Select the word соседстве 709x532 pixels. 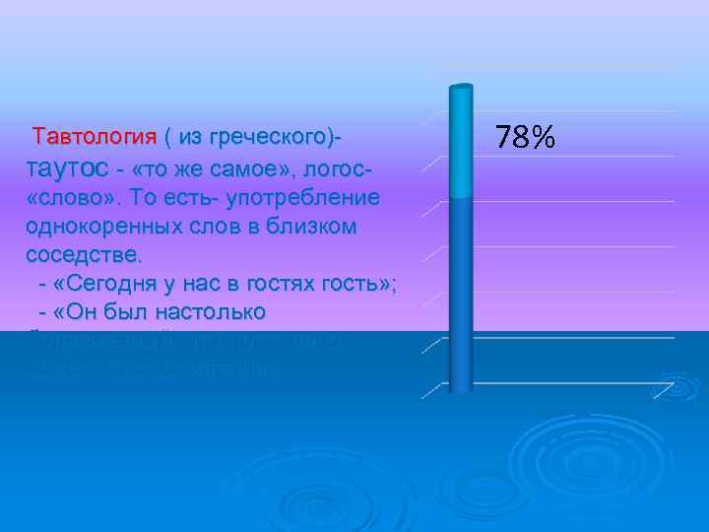pos(85,255)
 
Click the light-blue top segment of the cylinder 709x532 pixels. pos(461,143)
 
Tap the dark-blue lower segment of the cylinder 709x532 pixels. pos(461,296)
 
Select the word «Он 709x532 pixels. pos(74,313)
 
